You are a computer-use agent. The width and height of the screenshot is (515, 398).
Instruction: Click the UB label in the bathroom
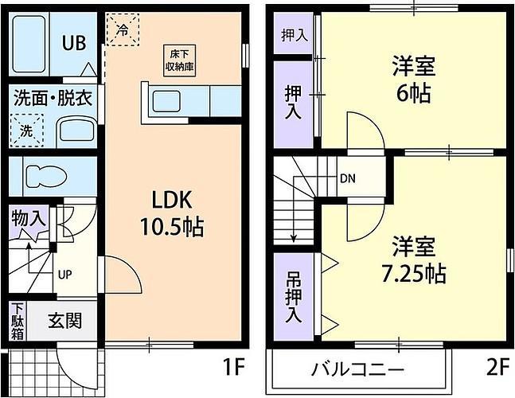point(74,43)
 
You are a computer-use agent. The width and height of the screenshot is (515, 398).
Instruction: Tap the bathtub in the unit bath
point(29,44)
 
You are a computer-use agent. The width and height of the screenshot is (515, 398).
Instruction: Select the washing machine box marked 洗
point(26,131)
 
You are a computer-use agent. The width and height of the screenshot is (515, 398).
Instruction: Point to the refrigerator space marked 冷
point(123,29)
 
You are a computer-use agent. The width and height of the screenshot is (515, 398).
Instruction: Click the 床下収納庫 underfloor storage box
point(179,60)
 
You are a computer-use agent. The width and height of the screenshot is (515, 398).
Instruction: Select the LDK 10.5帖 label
point(172,213)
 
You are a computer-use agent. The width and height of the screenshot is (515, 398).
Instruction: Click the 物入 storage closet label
point(28,219)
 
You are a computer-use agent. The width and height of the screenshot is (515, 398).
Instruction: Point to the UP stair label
point(64,275)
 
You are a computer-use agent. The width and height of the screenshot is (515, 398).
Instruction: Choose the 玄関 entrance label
point(64,321)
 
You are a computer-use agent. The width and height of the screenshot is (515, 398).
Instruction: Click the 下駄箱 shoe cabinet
point(18,321)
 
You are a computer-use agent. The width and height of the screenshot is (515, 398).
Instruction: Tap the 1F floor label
point(234,367)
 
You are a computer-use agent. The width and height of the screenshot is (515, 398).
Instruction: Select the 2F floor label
point(498,367)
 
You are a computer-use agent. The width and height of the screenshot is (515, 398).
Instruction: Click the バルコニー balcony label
point(357,370)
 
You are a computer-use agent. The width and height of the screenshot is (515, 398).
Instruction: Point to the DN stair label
point(348,178)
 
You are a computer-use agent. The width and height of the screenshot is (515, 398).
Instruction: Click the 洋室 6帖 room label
point(414,80)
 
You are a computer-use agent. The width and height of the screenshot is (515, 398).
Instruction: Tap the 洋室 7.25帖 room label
point(414,260)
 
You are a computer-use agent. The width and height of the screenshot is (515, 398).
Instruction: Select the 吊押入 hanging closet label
point(294,297)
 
